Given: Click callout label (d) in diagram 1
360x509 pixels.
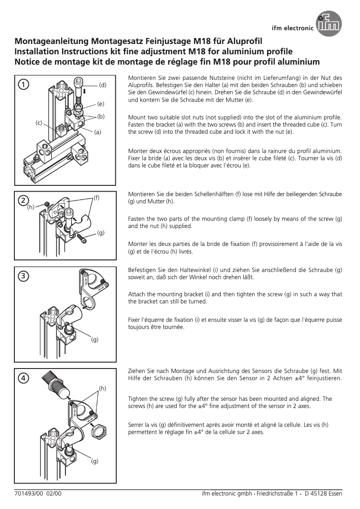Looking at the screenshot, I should pyautogui.click(x=103, y=85).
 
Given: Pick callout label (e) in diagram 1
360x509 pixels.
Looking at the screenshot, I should pyautogui.click(x=101, y=104).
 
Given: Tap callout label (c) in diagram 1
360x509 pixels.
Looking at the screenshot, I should pyautogui.click(x=40, y=123).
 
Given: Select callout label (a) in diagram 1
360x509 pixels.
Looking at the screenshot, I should pyautogui.click(x=98, y=132).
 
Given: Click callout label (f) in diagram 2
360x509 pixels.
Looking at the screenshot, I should pyautogui.click(x=96, y=197).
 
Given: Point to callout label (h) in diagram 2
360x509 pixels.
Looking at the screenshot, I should pyautogui.click(x=31, y=207).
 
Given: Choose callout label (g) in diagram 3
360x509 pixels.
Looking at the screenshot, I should pyautogui.click(x=95, y=339).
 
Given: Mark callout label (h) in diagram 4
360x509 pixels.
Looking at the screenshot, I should pyautogui.click(x=102, y=387).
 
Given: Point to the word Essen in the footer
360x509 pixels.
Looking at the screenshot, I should pyautogui.click(x=334, y=494).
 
